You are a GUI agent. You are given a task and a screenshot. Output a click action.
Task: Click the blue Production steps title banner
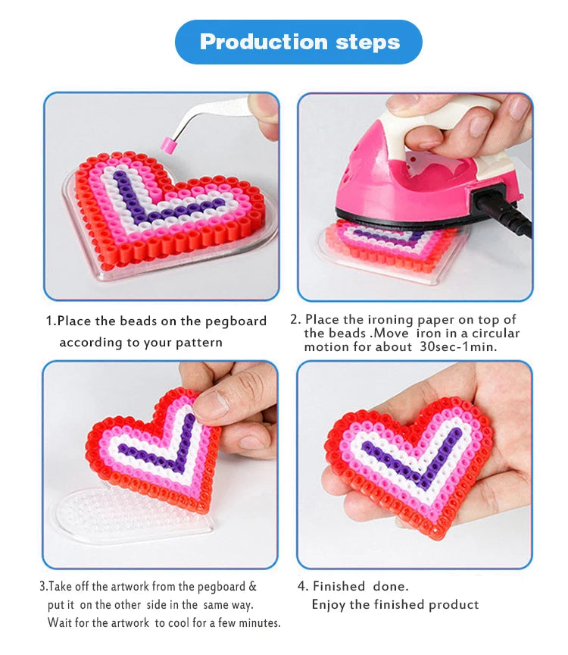(x=298, y=42)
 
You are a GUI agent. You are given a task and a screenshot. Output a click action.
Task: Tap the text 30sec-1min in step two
(x=458, y=346)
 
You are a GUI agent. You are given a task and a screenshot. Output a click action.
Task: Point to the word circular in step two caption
(x=495, y=333)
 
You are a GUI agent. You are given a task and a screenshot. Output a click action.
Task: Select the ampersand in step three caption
(x=252, y=586)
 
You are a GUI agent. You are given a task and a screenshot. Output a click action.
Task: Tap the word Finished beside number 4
(x=339, y=586)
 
